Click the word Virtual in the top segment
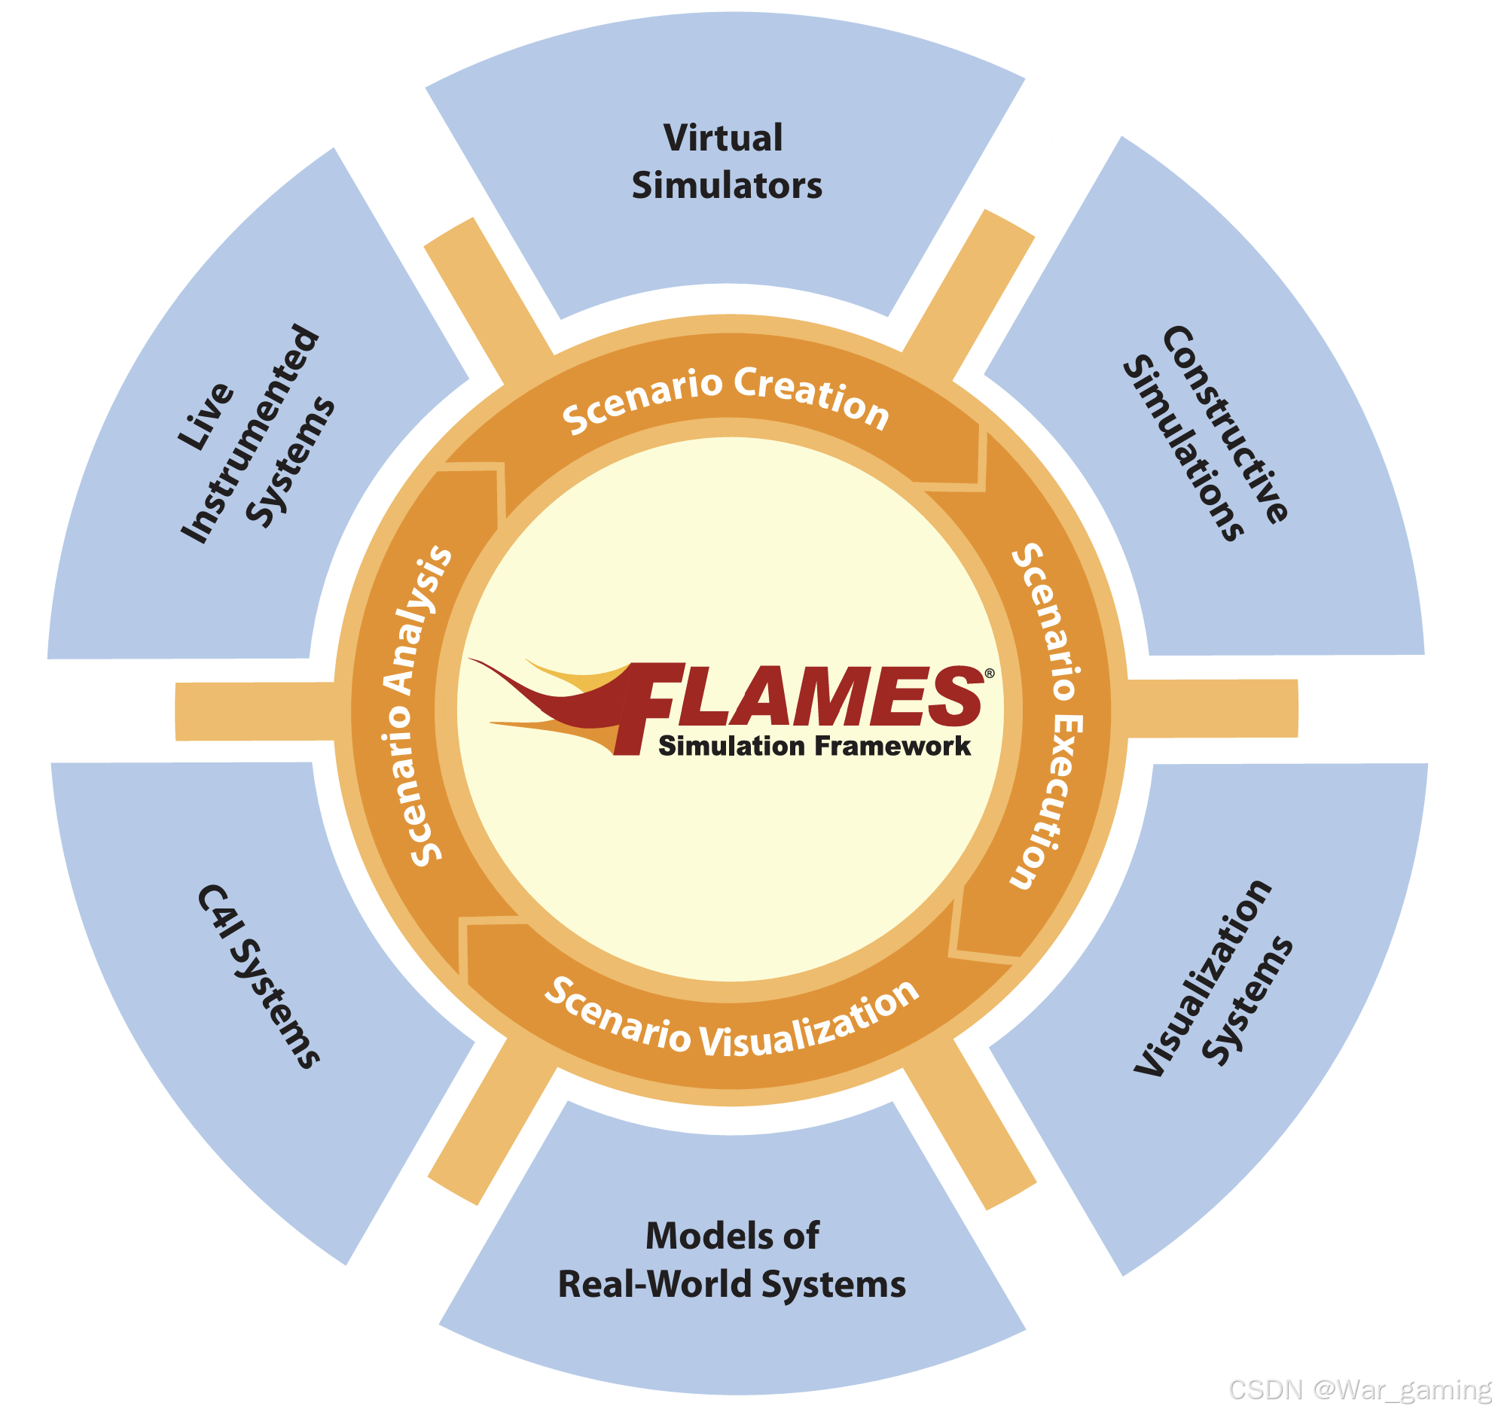click(723, 138)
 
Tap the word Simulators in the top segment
click(727, 186)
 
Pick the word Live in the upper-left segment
click(205, 416)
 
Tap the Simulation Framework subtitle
click(813, 746)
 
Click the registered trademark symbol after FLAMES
click(990, 674)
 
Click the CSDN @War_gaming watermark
click(1359, 1390)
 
